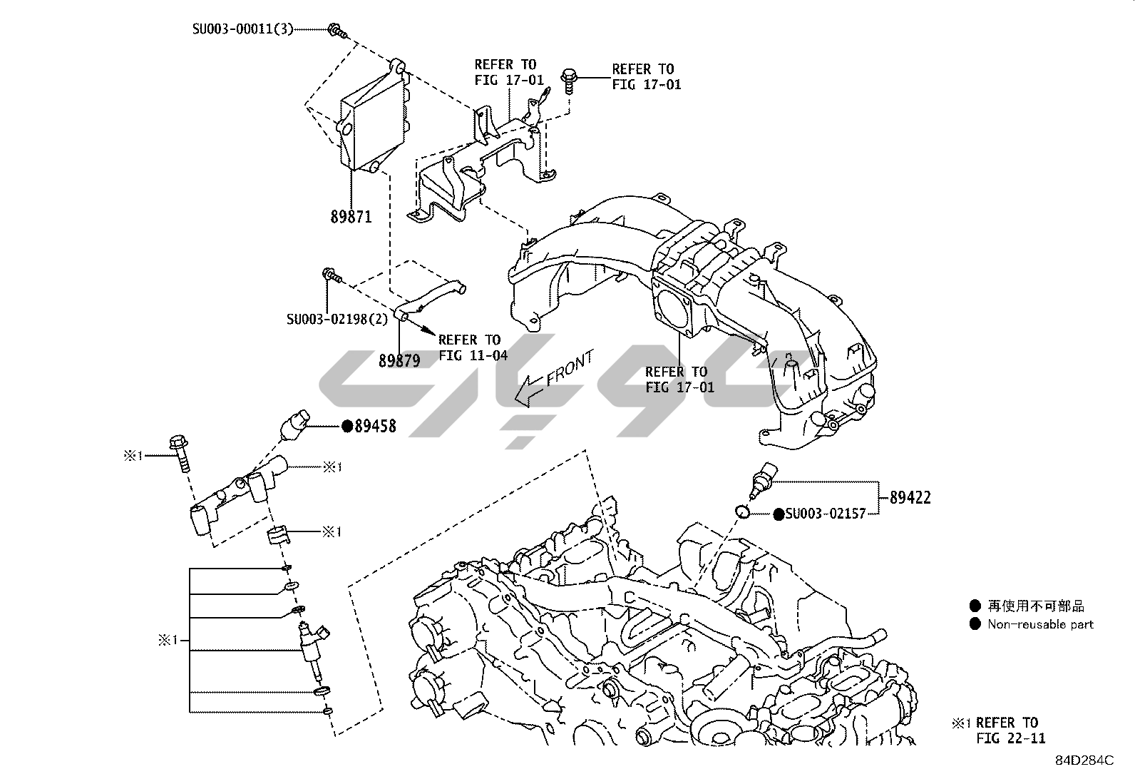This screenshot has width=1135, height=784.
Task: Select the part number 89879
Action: [399, 361]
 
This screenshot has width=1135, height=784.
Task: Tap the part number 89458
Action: [375, 427]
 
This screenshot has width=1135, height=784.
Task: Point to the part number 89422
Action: [910, 498]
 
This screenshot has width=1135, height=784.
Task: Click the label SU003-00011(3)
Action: [242, 30]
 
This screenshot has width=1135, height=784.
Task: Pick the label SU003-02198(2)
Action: [337, 319]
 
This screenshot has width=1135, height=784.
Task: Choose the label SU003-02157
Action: [825, 514]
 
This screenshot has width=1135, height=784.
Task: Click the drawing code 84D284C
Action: [1084, 760]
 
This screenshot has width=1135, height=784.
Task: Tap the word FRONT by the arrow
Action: [569, 369]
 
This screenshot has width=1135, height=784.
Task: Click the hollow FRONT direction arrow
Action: [531, 391]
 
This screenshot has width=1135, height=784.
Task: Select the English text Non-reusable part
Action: [1040, 624]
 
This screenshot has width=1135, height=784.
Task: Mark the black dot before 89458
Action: [347, 427]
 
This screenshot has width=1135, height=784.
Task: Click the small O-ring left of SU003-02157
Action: [742, 511]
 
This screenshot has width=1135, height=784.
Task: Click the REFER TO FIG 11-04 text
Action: [473, 347]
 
